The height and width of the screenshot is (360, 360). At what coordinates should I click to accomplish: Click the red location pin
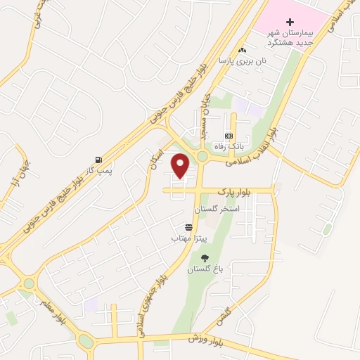point(181,166)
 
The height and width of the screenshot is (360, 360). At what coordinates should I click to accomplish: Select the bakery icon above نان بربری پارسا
point(243,50)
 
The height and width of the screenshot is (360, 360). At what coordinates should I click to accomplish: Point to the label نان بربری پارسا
point(234,61)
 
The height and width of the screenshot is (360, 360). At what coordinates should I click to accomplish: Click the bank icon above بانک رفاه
point(228,136)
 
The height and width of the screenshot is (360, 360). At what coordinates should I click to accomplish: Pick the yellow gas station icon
point(96,159)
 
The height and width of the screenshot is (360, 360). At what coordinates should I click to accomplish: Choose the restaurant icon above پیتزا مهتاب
point(189,227)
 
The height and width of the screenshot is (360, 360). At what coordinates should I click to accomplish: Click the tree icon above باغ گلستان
point(205,257)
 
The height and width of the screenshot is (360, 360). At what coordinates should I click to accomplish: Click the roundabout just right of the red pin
point(202,157)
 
